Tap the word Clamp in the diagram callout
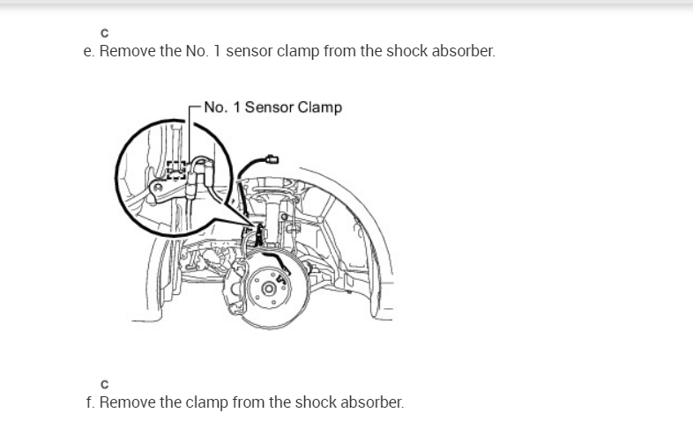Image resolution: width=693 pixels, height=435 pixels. (320, 107)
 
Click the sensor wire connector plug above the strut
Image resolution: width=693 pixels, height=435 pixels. (271, 159)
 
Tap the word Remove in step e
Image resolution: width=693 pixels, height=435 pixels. (127, 50)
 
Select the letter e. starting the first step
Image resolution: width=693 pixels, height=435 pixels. (88, 50)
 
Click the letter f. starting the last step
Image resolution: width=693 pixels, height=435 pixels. (88, 402)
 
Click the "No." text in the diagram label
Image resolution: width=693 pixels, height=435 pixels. (215, 107)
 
